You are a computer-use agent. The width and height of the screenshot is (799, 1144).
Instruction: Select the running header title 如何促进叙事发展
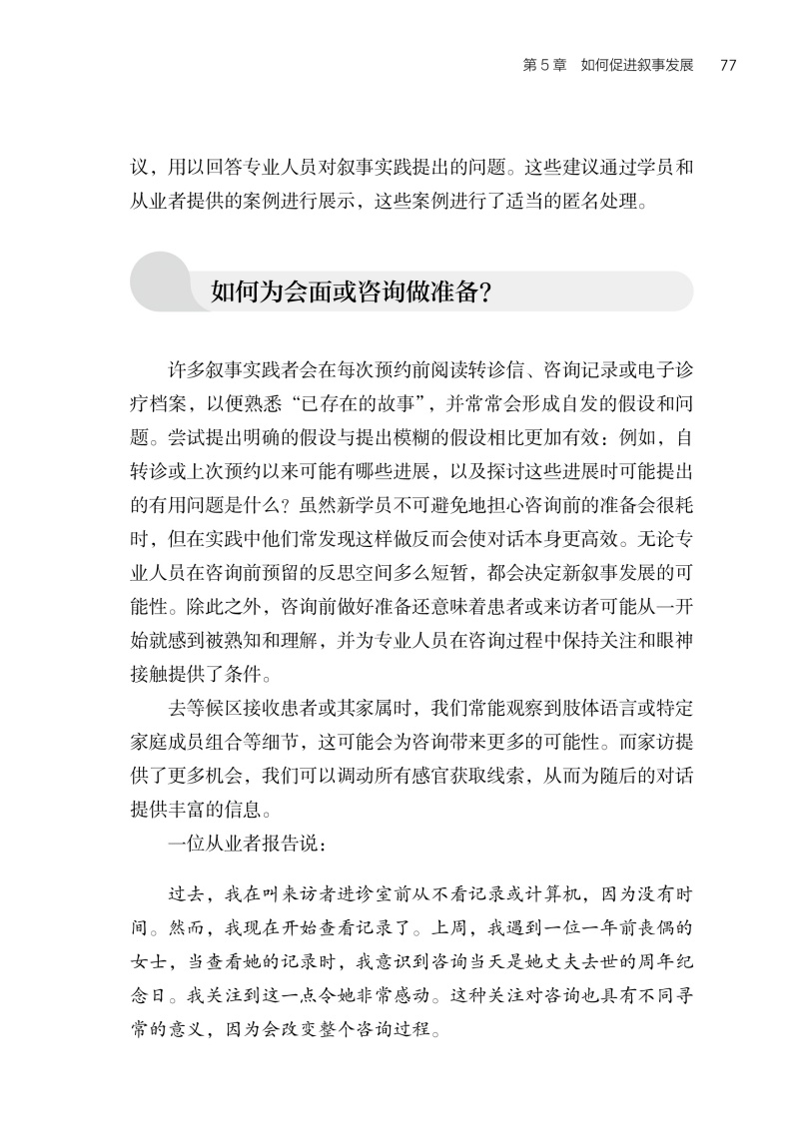point(636,66)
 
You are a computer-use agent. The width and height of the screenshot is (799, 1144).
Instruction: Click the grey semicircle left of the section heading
point(160,281)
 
